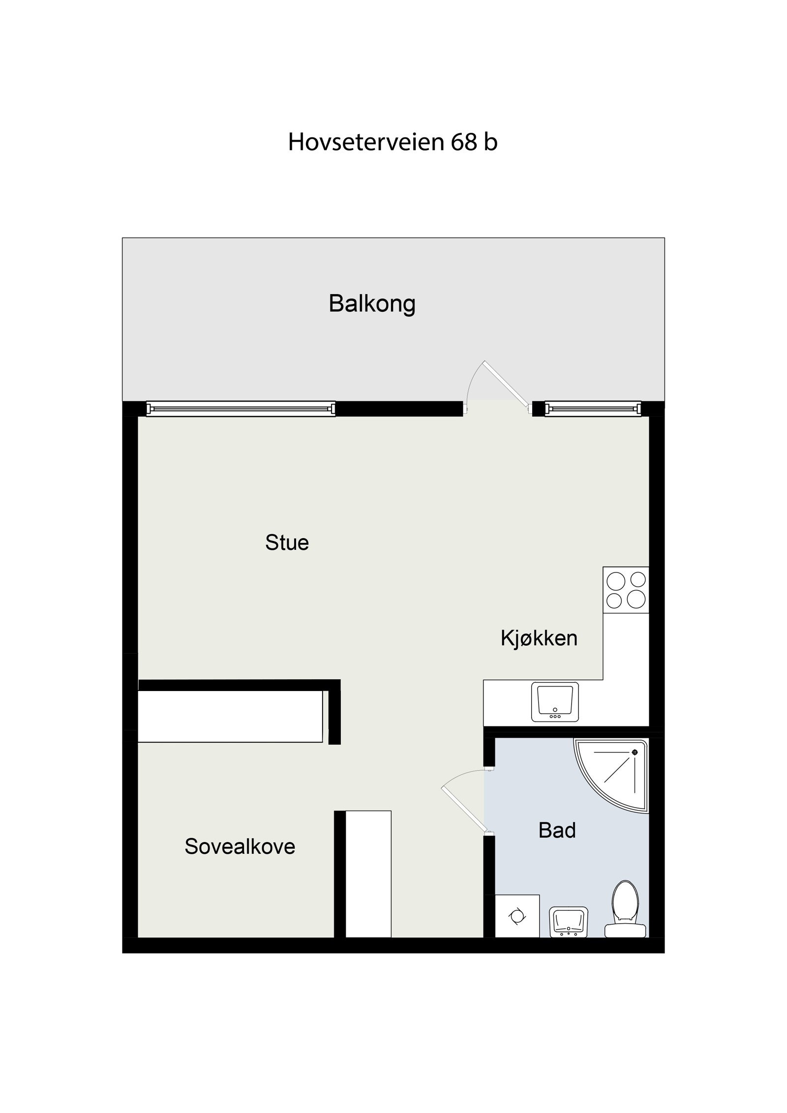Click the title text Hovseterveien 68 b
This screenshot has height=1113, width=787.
393,142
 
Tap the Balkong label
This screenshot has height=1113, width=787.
372,303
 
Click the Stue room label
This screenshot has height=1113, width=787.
287,542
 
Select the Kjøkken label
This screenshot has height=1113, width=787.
539,638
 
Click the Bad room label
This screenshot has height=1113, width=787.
557,830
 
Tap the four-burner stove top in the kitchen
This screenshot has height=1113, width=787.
626,590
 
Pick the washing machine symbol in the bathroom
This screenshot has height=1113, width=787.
517,917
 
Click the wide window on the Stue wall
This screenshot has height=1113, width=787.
241,409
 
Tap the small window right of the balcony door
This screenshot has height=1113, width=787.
593,409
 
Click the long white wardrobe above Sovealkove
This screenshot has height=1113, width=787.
230,716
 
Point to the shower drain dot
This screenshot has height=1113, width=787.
635,752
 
